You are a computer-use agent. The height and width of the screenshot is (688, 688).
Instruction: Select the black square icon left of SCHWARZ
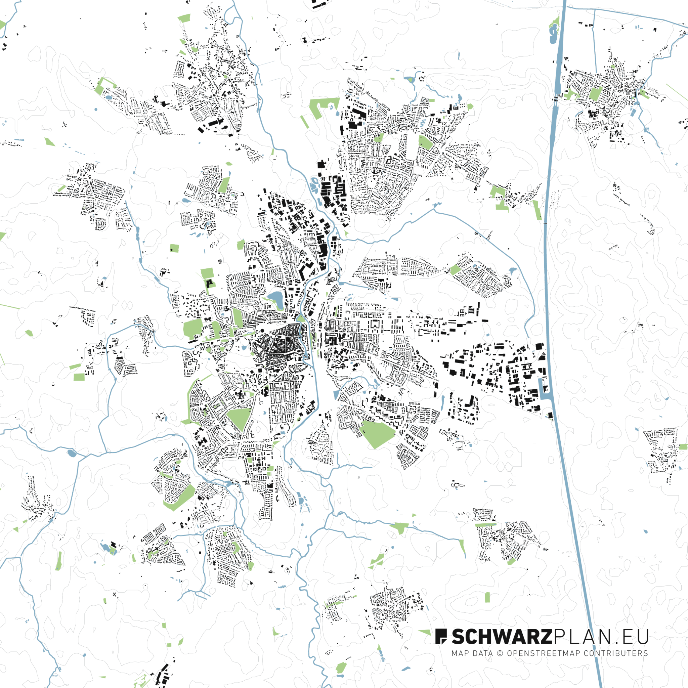(x=440, y=636)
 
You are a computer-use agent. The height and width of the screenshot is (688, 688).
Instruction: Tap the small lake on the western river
(x=72, y=453)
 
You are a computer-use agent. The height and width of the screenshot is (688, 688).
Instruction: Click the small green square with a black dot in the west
(x=174, y=248)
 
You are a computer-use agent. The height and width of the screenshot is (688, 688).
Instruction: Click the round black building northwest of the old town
(x=263, y=331)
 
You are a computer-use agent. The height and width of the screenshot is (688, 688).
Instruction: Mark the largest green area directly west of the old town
(x=192, y=329)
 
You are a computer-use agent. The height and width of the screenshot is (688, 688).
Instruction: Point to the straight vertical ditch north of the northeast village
(x=595, y=39)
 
